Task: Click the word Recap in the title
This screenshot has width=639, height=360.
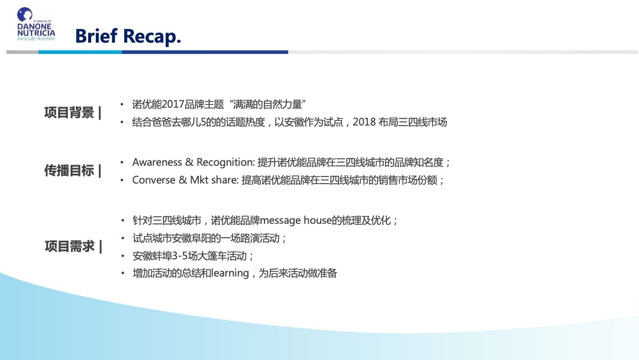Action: [152, 37]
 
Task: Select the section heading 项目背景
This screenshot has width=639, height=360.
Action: [69, 112]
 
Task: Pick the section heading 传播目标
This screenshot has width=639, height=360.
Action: [69, 171]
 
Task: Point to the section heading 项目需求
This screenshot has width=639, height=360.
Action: [69, 246]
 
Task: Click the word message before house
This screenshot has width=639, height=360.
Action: [280, 221]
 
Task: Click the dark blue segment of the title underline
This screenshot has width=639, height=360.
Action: [205, 52]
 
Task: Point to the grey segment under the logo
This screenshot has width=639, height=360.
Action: [22, 52]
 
